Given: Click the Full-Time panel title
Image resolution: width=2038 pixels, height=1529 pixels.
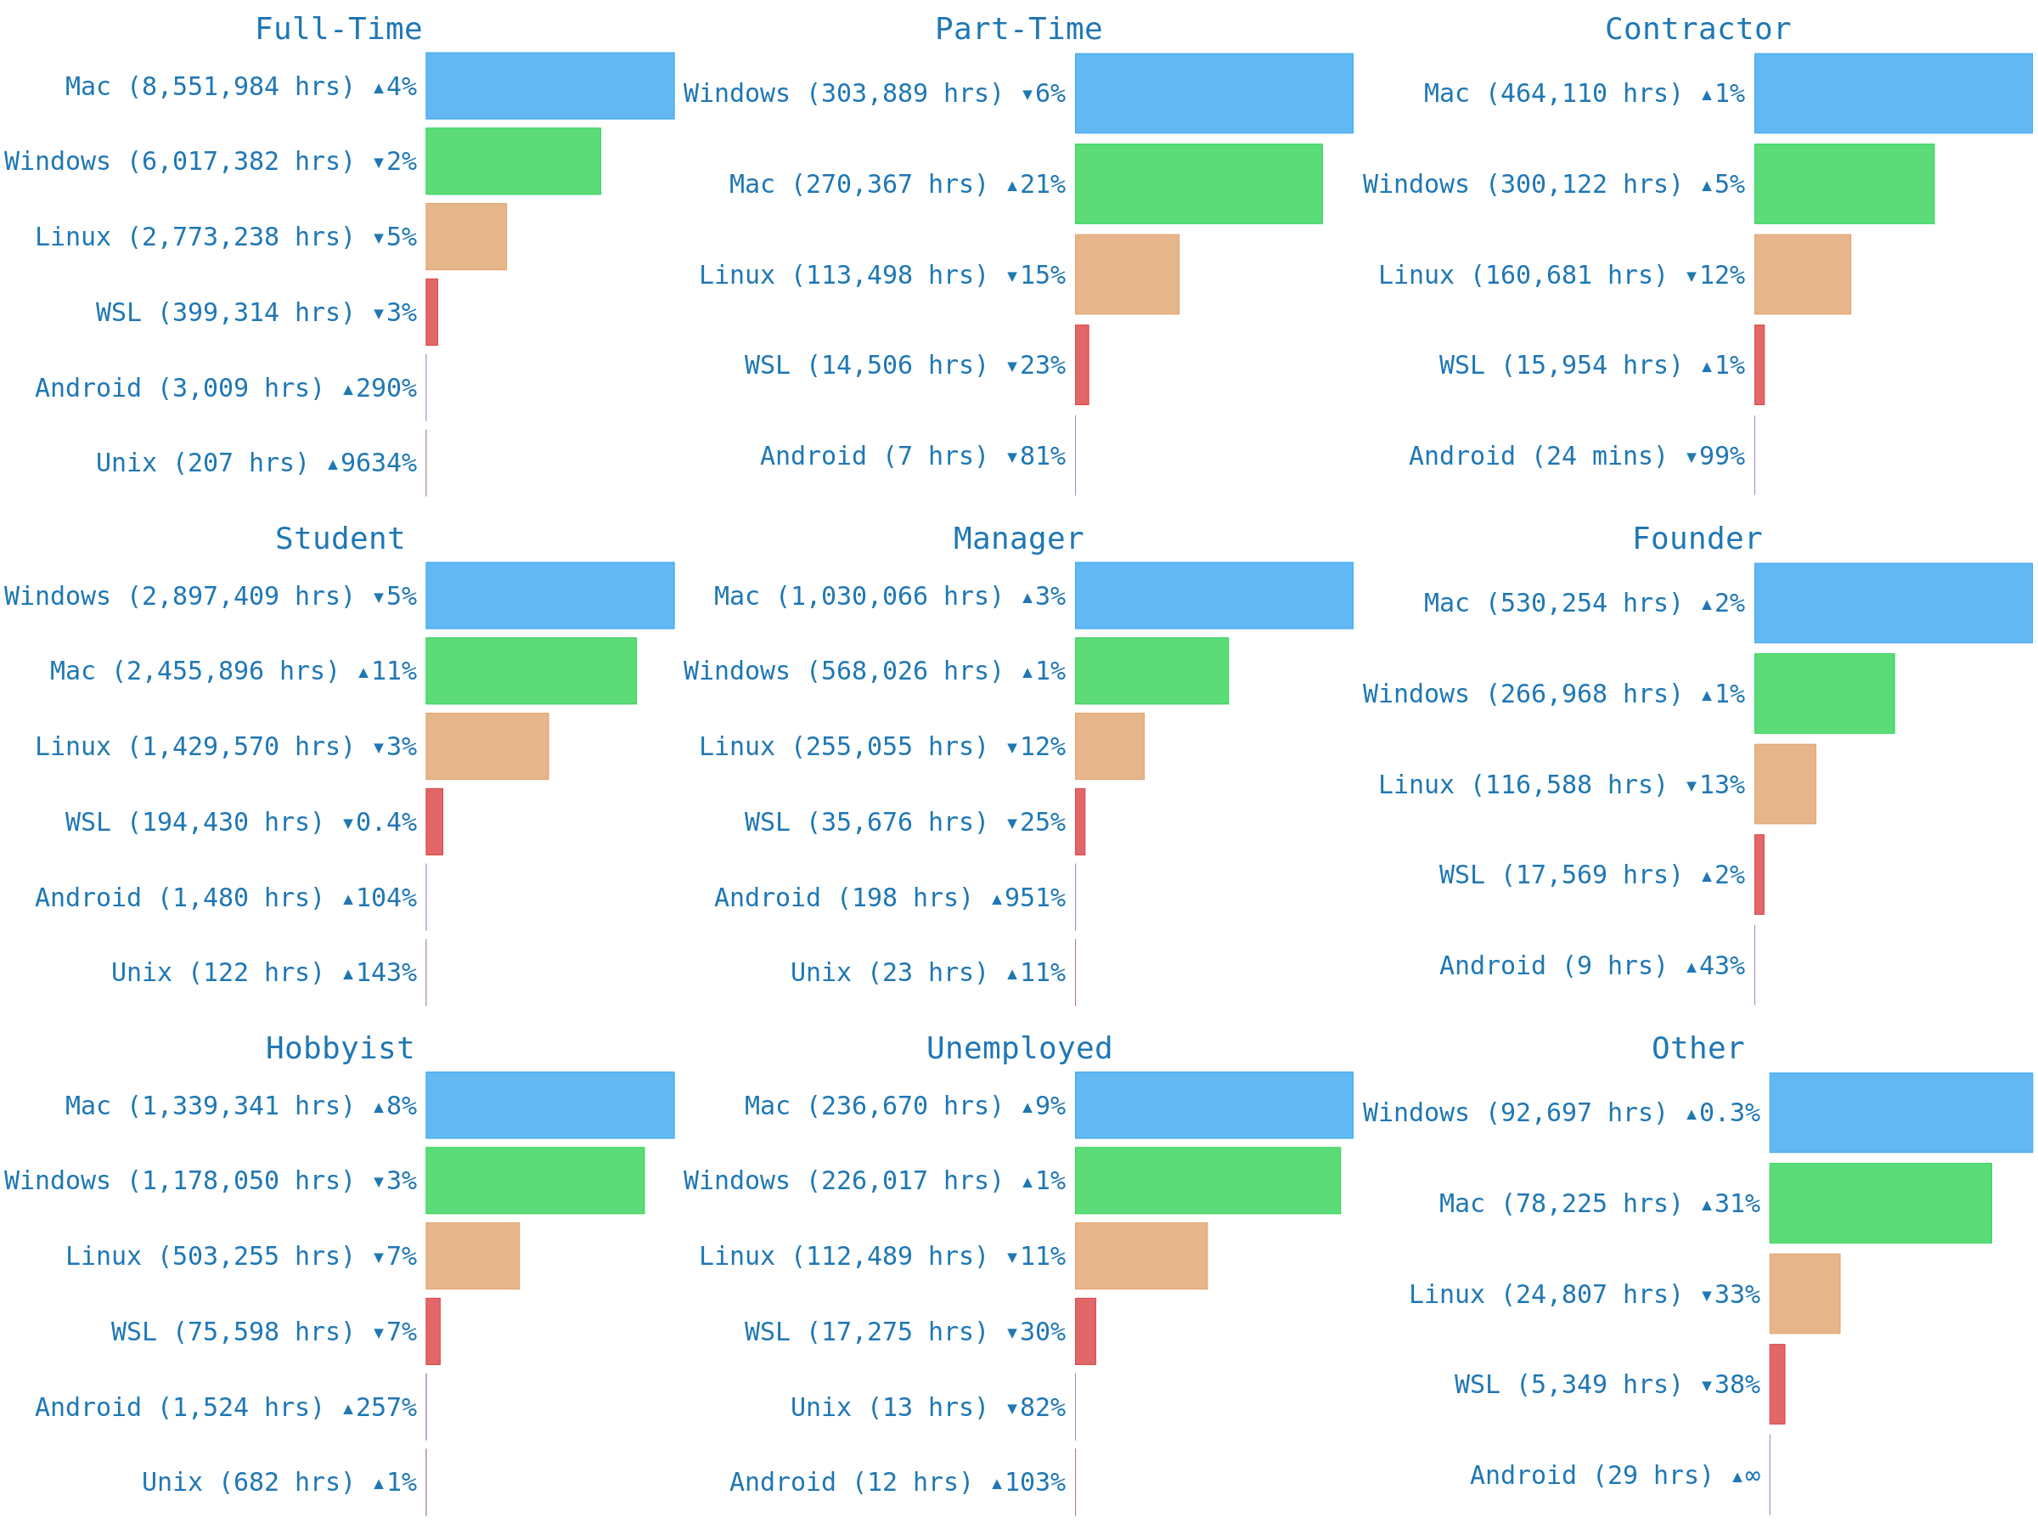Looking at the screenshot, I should click(x=338, y=29).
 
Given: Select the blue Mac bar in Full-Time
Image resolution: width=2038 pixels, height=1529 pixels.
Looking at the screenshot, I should click(x=549, y=86).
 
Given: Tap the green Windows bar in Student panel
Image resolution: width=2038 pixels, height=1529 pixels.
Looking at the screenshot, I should click(x=531, y=671).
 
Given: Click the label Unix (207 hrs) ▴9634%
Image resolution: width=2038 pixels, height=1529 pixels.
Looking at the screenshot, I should click(x=256, y=463).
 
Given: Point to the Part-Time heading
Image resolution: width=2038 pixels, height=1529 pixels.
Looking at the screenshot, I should click(x=1018, y=29).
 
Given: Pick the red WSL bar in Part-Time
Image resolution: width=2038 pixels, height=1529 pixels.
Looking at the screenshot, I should click(x=1082, y=365).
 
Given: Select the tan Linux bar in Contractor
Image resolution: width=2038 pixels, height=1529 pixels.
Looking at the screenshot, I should click(x=1802, y=274).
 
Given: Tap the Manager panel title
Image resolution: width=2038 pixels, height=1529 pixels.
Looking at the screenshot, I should click(x=1018, y=539).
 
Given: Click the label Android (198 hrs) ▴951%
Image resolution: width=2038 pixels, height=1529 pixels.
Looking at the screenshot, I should click(x=889, y=898).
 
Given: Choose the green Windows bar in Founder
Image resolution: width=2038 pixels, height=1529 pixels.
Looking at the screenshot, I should click(x=1824, y=694).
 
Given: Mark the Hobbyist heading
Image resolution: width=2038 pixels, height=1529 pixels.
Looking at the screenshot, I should click(x=339, y=1048).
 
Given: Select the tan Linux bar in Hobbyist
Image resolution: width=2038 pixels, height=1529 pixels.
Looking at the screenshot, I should click(x=473, y=1256).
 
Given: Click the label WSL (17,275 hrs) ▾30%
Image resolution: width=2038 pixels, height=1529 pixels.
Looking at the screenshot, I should click(x=904, y=1332).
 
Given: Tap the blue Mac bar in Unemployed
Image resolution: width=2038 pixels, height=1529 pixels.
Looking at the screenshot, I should click(x=1213, y=1105).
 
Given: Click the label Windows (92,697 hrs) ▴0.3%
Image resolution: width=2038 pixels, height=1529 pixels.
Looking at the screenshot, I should click(x=1561, y=1113).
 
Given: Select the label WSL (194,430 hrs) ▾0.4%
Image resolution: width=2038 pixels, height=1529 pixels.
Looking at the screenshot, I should click(x=240, y=822).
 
